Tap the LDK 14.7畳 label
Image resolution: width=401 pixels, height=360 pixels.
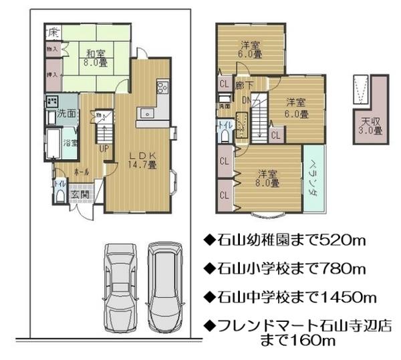142,159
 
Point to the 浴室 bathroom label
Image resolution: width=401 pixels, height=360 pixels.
70,143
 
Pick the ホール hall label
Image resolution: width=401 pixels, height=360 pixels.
81,171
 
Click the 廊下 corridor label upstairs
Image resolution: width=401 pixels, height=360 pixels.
244,86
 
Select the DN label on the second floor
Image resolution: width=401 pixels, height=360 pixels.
246,101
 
